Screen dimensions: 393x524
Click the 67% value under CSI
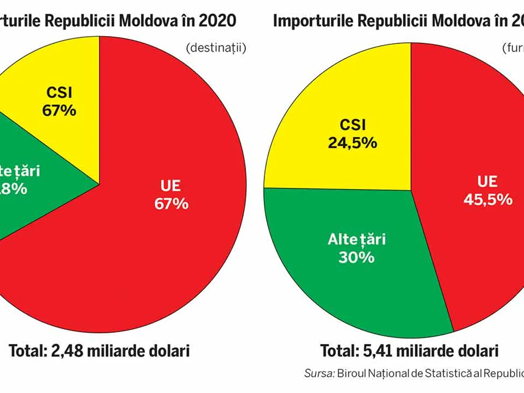[x=59, y=110]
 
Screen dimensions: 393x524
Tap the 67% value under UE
[x=171, y=203]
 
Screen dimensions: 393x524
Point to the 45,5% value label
[x=488, y=199]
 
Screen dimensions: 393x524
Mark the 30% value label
[x=356, y=257]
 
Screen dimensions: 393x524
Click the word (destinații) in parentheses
[x=216, y=48]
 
